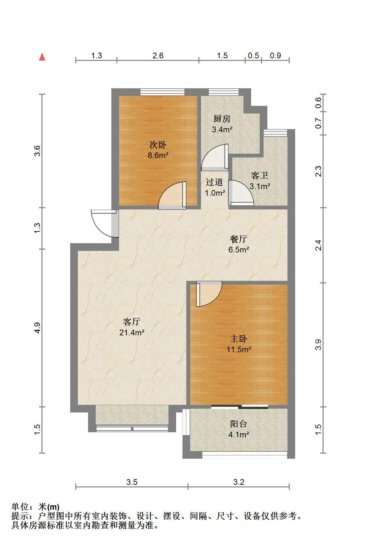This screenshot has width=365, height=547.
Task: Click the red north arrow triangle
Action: [x=42, y=57]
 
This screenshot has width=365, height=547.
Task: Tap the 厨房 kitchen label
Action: [x=222, y=119]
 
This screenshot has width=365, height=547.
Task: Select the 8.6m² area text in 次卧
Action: [x=158, y=156]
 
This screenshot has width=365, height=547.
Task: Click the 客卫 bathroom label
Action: [x=260, y=176]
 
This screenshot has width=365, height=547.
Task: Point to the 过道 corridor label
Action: [x=214, y=182]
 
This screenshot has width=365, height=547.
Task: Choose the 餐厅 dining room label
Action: [x=239, y=239]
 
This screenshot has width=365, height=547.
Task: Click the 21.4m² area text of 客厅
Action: [x=132, y=332]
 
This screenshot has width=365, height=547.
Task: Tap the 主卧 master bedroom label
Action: [x=239, y=339]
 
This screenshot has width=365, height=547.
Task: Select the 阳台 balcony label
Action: [x=239, y=424]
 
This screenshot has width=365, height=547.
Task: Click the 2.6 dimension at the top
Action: [x=158, y=55]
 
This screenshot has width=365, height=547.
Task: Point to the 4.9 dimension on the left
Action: [x=38, y=328]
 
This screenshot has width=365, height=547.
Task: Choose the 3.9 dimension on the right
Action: [x=318, y=345]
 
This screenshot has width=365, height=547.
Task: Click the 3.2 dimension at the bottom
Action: [x=239, y=482]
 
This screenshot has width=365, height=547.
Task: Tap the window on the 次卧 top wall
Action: [x=162, y=92]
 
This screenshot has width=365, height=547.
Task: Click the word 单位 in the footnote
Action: [x=20, y=507]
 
